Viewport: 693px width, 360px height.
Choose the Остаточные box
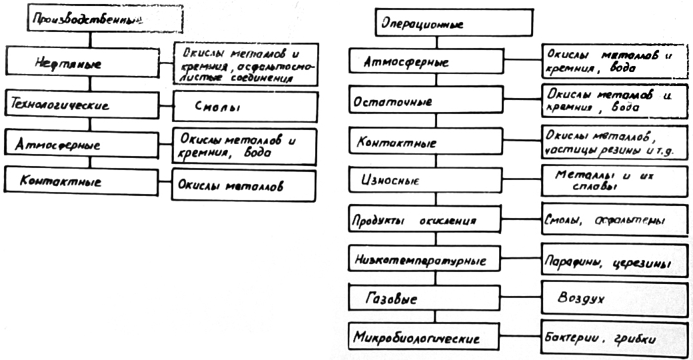(436, 102)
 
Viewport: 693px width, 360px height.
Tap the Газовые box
(436, 298)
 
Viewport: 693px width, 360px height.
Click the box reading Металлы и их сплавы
(612, 181)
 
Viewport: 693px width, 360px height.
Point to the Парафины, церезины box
(612, 261)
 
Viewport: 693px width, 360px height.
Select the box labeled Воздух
(612, 300)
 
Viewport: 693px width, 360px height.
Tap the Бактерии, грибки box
(612, 339)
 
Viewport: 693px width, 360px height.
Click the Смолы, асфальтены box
(612, 220)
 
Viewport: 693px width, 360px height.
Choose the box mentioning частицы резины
(612, 142)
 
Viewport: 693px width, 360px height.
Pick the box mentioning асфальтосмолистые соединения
(244, 65)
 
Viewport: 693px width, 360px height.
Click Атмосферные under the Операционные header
(436, 63)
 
